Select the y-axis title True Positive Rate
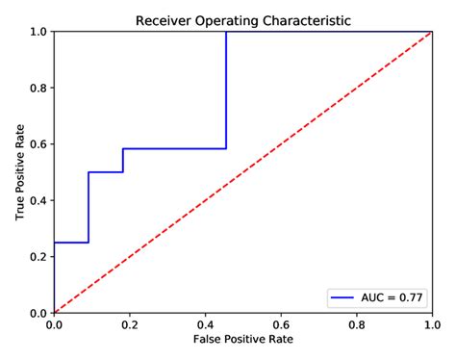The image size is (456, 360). [x=20, y=172]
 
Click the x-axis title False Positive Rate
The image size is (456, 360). [x=242, y=341]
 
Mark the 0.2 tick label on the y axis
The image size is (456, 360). [x=39, y=257]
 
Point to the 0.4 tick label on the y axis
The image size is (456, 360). [x=39, y=200]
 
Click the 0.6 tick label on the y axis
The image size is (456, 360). [x=39, y=144]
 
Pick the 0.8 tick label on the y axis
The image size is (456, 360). [x=39, y=88]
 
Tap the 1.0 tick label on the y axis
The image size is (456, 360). [x=39, y=32]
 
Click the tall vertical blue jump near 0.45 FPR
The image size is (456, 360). [x=226, y=91]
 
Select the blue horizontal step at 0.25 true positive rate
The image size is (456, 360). [x=71, y=243]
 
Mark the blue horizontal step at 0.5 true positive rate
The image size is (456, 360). [x=106, y=172]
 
